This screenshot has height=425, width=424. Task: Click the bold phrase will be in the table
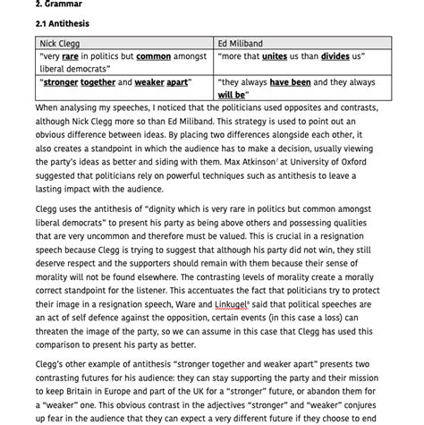pyautogui.click(x=233, y=94)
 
